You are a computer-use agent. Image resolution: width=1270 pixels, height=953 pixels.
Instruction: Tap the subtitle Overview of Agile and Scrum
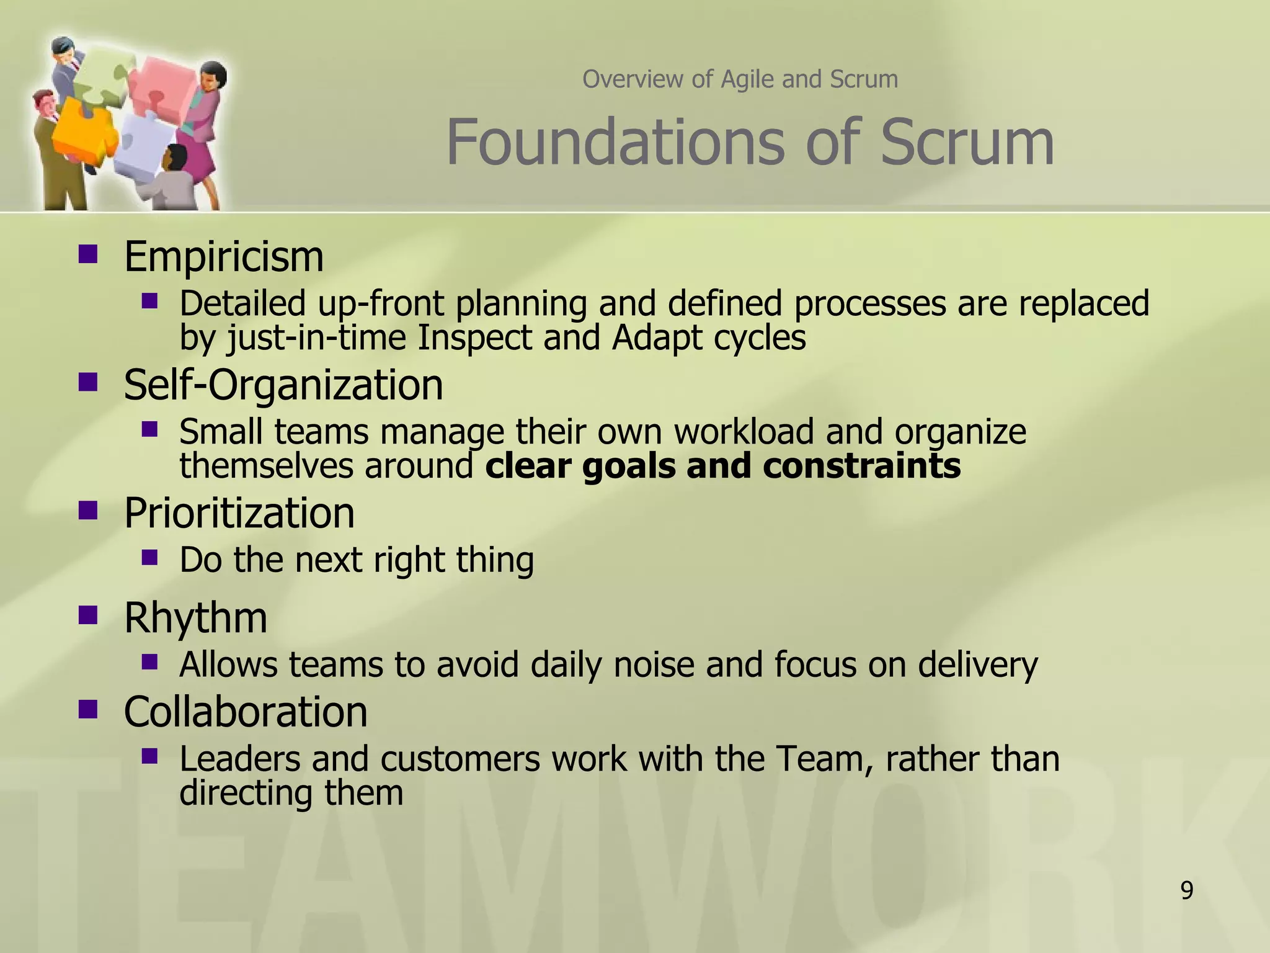(740, 79)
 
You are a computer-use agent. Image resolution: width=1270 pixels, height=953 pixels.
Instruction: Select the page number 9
(1186, 890)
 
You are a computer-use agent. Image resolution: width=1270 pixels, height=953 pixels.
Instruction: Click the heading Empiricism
(224, 257)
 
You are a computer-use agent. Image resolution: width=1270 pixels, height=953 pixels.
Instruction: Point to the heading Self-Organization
(283, 385)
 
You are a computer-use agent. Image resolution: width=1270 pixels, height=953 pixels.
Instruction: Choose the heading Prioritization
(239, 513)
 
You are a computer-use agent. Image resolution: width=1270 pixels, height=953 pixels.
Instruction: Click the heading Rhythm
(195, 618)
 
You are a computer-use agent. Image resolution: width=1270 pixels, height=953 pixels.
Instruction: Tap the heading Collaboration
(246, 712)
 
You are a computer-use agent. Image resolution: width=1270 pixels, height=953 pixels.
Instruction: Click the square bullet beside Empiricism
(88, 254)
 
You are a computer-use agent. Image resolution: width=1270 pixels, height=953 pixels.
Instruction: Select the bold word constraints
(861, 466)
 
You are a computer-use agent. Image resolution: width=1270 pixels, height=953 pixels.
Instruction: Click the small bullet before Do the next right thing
(149, 557)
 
